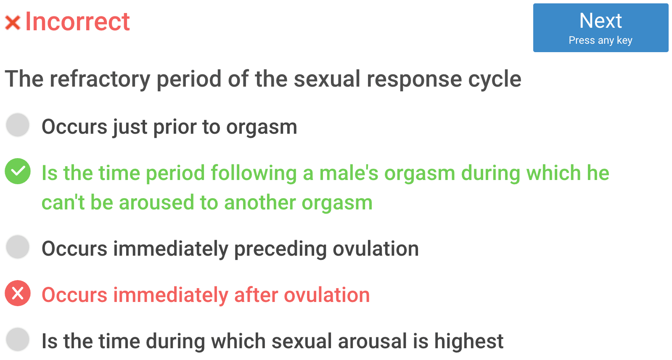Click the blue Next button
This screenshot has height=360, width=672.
(x=601, y=28)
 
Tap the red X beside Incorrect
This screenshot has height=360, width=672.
(x=13, y=23)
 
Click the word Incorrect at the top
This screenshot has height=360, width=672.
(x=77, y=21)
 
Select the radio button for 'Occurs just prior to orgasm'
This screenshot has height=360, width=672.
(x=18, y=125)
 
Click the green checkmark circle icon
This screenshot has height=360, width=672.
(x=18, y=171)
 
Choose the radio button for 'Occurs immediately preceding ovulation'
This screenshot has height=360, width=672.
(x=18, y=247)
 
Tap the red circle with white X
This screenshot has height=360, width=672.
(x=18, y=293)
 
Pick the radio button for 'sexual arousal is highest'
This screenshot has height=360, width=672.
(x=18, y=339)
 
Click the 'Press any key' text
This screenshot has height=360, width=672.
(x=601, y=40)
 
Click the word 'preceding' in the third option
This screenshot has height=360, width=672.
(x=280, y=249)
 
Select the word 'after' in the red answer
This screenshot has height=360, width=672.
(x=256, y=295)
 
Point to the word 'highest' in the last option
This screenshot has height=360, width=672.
(x=469, y=341)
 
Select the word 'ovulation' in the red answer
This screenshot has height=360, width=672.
(x=327, y=295)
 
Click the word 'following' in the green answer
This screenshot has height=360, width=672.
(x=254, y=173)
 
